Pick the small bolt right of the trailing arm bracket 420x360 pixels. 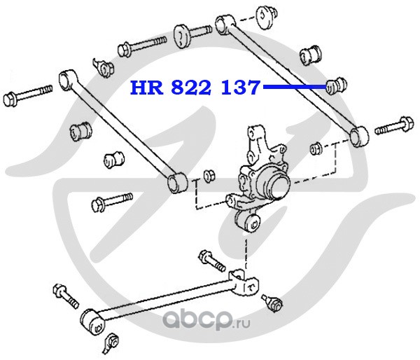click(274, 303)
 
